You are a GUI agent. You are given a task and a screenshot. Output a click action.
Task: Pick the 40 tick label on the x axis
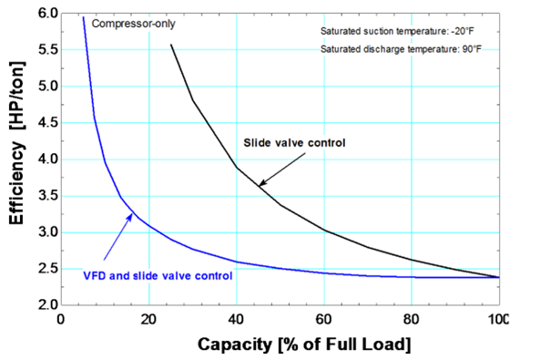[237, 319]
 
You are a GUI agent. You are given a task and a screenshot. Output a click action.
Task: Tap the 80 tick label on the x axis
[411, 319]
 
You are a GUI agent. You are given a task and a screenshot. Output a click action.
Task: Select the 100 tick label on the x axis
[497, 319]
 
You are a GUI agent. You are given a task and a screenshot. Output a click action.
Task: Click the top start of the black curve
[171, 45]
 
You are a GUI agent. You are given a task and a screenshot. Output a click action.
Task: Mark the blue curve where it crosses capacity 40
[237, 262]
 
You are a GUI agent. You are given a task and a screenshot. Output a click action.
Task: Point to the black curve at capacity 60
[324, 231]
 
